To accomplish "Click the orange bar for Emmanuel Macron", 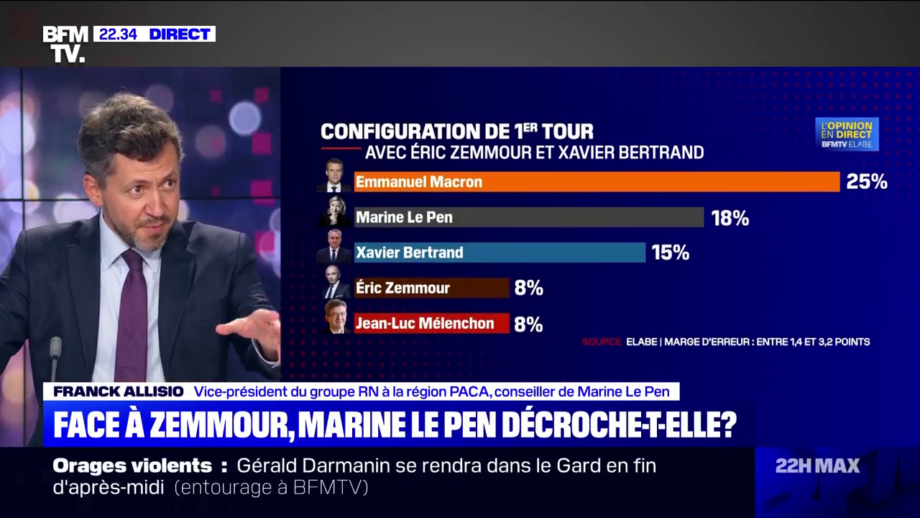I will tap(597, 182).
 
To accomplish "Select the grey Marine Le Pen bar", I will tap(528, 217).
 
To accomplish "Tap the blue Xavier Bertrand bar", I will tap(500, 253).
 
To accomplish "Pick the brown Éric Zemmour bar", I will tap(431, 288).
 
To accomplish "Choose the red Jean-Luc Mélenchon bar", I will tap(431, 323).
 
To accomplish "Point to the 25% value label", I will tap(866, 182).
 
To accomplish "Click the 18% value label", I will tap(730, 218).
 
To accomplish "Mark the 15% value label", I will tap(670, 253).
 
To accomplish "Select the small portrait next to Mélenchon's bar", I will tap(334, 318).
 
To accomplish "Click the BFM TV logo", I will tap(65, 44).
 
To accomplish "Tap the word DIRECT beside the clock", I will tap(180, 34).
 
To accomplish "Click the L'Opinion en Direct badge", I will tap(847, 134).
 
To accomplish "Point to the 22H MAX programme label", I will tap(817, 466).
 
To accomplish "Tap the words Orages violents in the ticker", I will tap(132, 465).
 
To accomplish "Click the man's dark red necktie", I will tap(132, 317).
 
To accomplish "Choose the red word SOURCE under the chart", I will tap(602, 342).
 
